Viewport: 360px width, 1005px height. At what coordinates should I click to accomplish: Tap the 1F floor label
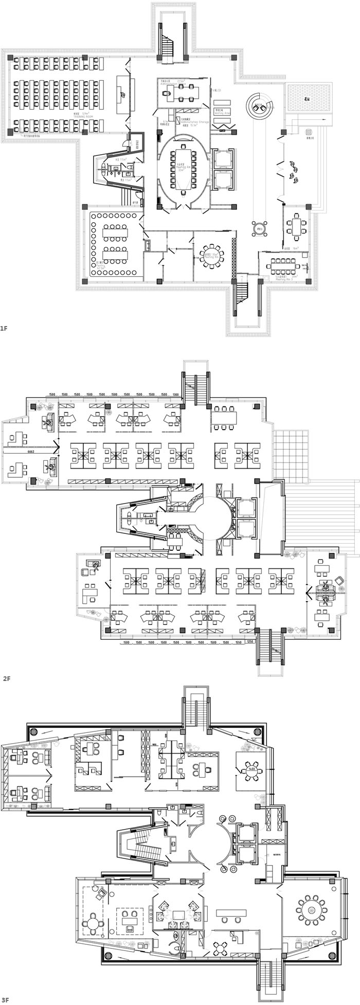(x=4, y=327)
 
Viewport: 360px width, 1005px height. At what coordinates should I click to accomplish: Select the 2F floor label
(x=7, y=678)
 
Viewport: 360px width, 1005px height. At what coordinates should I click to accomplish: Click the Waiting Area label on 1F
(x=222, y=112)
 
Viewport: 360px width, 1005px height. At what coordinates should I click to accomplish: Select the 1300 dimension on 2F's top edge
(x=176, y=394)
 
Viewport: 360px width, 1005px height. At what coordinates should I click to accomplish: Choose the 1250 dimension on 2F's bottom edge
(x=250, y=642)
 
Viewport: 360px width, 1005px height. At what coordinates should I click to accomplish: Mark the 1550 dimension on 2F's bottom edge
(x=238, y=642)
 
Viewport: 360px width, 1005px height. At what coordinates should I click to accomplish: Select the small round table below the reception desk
(x=259, y=226)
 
